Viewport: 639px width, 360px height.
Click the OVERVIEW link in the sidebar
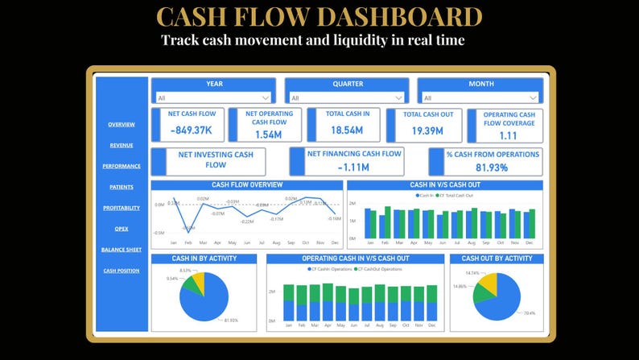click(x=122, y=124)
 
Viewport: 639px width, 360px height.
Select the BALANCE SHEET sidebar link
click(x=122, y=250)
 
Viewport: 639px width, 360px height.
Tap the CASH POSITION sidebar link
click(x=122, y=271)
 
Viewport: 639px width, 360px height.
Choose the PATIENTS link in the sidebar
click(x=122, y=187)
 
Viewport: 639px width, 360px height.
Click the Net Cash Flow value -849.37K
click(x=191, y=130)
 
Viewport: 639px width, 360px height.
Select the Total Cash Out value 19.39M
click(x=428, y=130)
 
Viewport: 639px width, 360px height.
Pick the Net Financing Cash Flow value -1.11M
click(x=353, y=168)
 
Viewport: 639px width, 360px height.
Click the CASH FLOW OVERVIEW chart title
click(x=247, y=184)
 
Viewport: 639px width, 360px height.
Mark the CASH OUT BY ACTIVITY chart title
click(x=497, y=259)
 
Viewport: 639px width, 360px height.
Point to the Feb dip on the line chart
click(x=188, y=228)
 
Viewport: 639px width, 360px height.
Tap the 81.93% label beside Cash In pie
click(x=230, y=321)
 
